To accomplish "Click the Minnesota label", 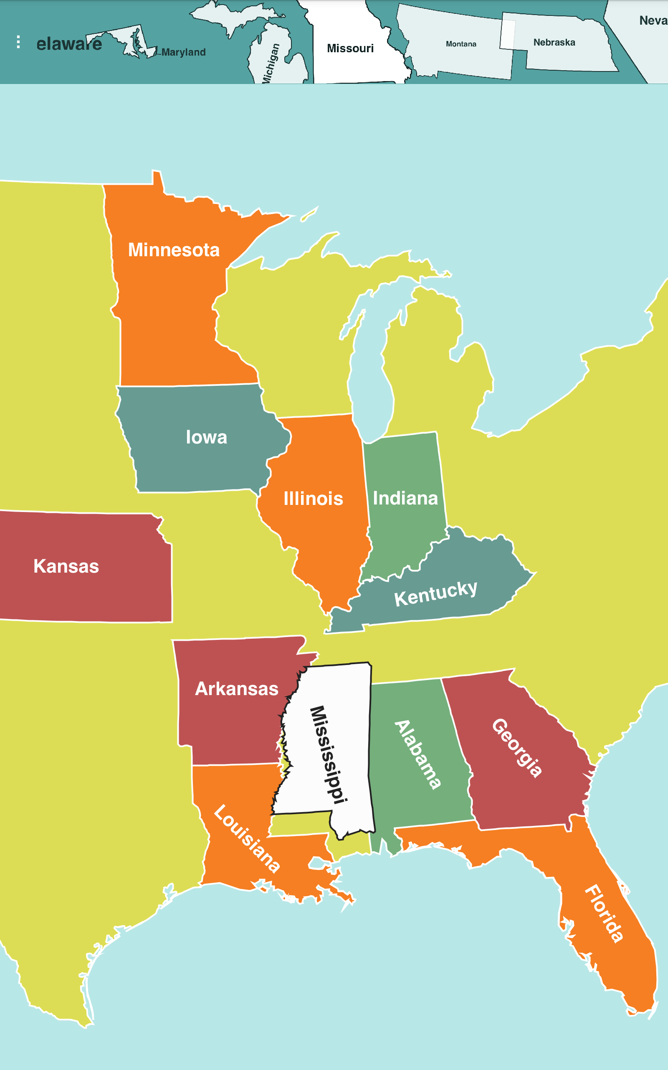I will pos(174,250).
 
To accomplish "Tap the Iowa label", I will pos(206,437).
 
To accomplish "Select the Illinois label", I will pos(313,498).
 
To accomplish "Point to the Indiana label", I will pos(405,498).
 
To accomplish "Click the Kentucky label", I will pos(435,594).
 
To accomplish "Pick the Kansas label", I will pos(66,566).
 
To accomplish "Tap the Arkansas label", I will pos(237,688).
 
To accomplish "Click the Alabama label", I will pos(417,755).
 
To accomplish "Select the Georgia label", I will pos(517,748).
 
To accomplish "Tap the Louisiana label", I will pos(246,838).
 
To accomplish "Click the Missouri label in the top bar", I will pos(350,48).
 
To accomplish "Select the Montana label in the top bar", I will pos(461,44).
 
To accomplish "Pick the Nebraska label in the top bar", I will pos(554,43).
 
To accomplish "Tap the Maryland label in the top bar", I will pos(184,52).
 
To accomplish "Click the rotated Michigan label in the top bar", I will pos(271,63).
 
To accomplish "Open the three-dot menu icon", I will pos(18,42).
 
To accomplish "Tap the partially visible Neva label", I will pos(653,20).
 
